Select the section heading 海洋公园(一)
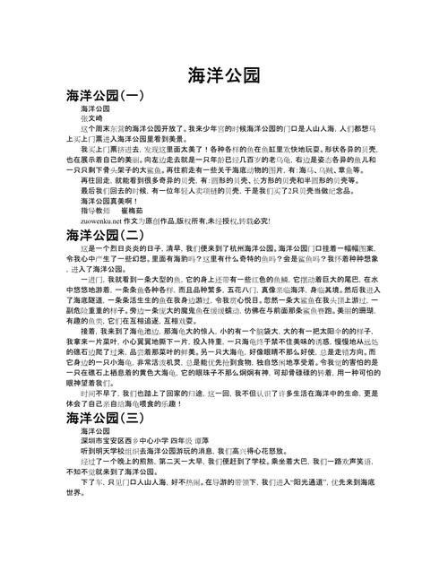coord(105,95)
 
